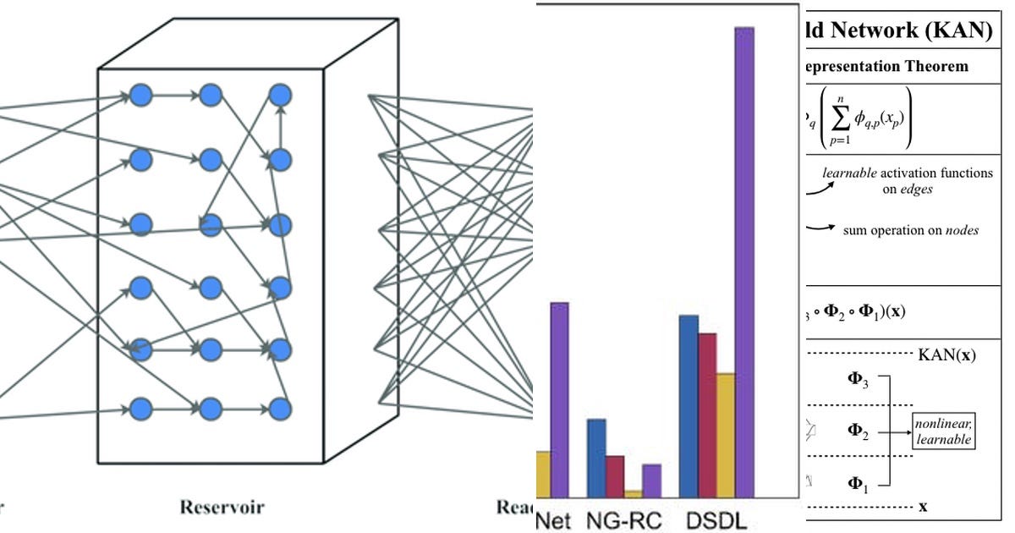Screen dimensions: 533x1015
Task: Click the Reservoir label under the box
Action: click(x=222, y=508)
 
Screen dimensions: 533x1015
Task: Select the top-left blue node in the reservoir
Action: click(x=140, y=94)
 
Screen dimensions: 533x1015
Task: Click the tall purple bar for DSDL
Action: click(x=743, y=262)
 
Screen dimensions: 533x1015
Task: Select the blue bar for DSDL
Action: click(x=689, y=406)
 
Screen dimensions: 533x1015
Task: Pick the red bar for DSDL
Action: click(x=707, y=415)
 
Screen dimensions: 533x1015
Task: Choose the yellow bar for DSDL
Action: click(x=726, y=435)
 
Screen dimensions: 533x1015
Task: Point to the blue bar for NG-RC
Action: click(x=596, y=458)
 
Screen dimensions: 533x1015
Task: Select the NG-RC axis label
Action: click(x=623, y=519)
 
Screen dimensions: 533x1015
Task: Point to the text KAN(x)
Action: click(x=946, y=355)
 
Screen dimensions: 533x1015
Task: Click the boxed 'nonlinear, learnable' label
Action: click(x=943, y=431)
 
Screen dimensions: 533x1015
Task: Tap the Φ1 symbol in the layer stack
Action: click(x=858, y=484)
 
